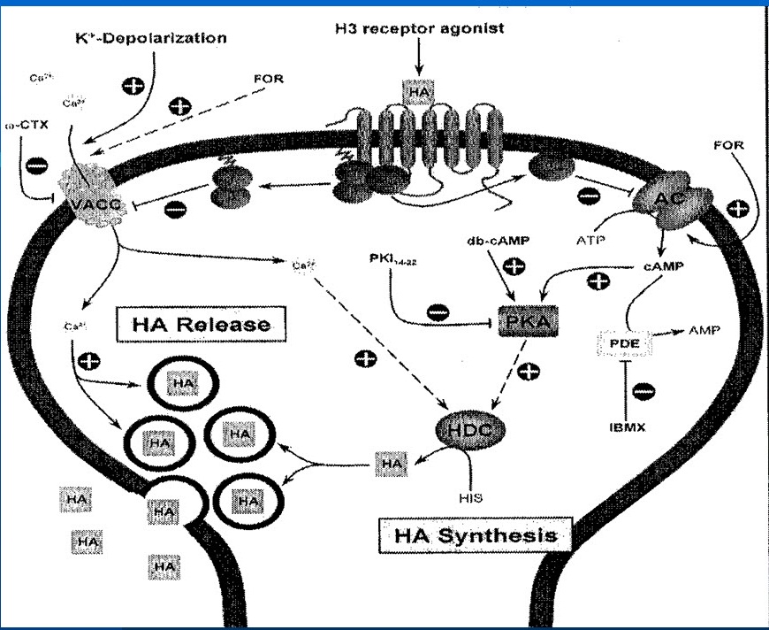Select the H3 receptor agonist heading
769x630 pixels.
tap(420, 28)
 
